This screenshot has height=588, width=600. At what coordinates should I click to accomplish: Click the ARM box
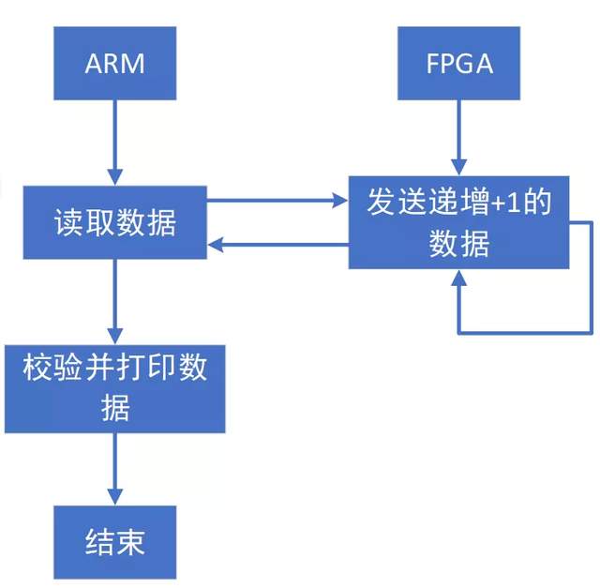tap(114, 64)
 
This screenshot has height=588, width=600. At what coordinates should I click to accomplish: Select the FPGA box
tap(458, 64)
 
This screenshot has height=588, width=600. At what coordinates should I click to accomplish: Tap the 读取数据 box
tap(114, 222)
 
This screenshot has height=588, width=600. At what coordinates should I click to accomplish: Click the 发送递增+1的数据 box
tap(459, 222)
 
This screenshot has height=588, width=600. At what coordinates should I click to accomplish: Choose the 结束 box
tap(114, 542)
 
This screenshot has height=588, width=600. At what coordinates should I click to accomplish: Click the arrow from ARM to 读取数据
tap(114, 141)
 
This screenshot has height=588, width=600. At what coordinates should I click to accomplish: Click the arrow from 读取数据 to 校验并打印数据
tap(114, 300)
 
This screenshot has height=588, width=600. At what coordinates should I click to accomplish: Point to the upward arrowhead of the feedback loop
tap(459, 279)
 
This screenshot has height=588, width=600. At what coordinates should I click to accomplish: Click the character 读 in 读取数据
tap(68, 223)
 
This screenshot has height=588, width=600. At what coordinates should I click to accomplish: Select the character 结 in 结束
tap(99, 543)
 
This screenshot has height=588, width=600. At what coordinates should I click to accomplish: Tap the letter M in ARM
tap(133, 64)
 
